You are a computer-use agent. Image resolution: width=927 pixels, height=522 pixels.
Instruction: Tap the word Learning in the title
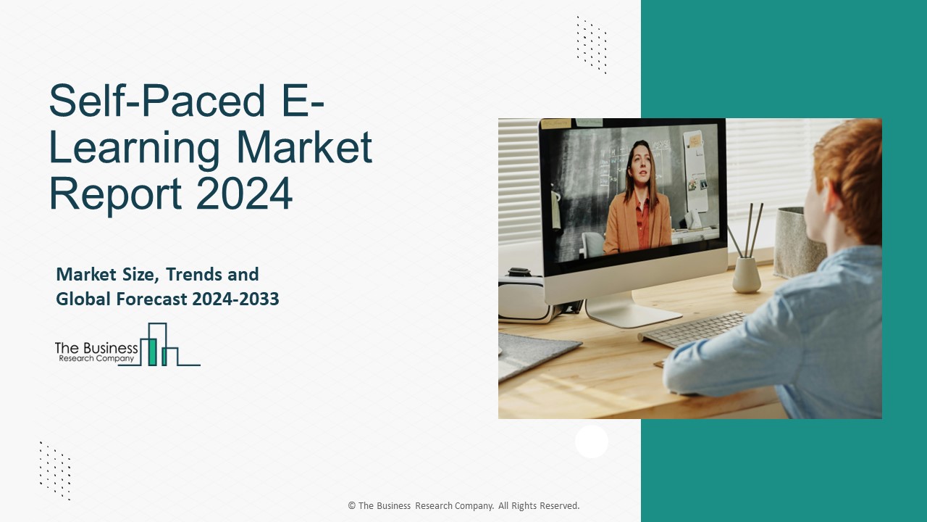(x=134, y=147)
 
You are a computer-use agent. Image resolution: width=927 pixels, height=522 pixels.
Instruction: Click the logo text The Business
(x=96, y=348)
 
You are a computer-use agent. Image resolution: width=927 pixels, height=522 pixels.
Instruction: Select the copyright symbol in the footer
(x=352, y=506)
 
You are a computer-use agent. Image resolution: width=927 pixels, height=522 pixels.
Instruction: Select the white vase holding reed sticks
(x=746, y=275)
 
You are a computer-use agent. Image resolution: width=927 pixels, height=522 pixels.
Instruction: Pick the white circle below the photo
(x=592, y=442)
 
